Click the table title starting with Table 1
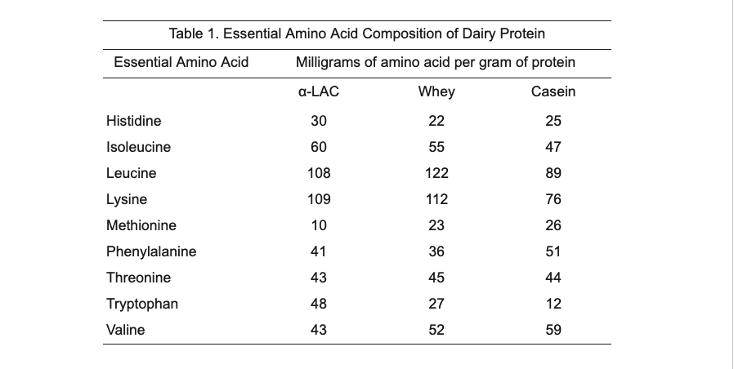pyautogui.click(x=356, y=33)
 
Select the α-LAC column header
pyautogui.click(x=319, y=91)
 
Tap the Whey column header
pyautogui.click(x=436, y=91)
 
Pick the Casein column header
pyautogui.click(x=553, y=91)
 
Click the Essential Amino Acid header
pyautogui.click(x=181, y=62)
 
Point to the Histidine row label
pyautogui.click(x=134, y=121)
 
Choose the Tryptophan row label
pyautogui.click(x=142, y=304)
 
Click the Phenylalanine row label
pyautogui.click(x=151, y=251)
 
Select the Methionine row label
pyautogui.click(x=141, y=225)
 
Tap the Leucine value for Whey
pyautogui.click(x=436, y=173)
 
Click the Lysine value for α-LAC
pyautogui.click(x=319, y=199)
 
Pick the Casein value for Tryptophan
pyautogui.click(x=553, y=304)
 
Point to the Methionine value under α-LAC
pyautogui.click(x=319, y=225)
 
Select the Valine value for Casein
pyautogui.click(x=553, y=330)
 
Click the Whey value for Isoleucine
pyautogui.click(x=436, y=147)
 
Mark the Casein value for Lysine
pyautogui.click(x=553, y=199)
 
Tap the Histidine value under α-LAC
pyautogui.click(x=319, y=121)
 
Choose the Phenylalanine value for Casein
pyautogui.click(x=553, y=251)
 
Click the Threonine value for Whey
pyautogui.click(x=436, y=278)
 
